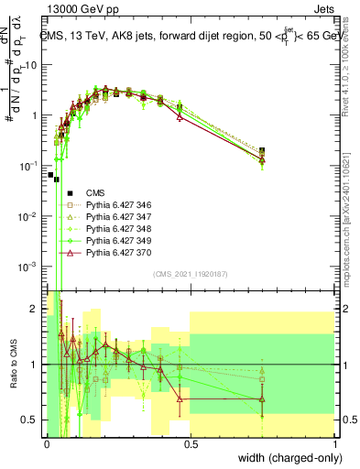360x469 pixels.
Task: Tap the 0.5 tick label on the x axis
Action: tap(190, 444)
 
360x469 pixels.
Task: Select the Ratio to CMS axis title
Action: tap(13, 365)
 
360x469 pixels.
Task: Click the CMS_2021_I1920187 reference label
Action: tap(190, 274)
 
